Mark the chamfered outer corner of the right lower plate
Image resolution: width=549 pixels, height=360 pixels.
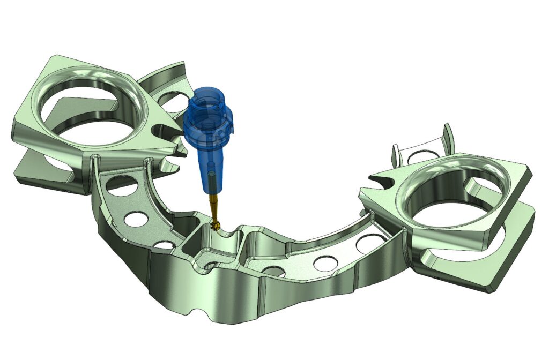pyautogui.click(x=491, y=287)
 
